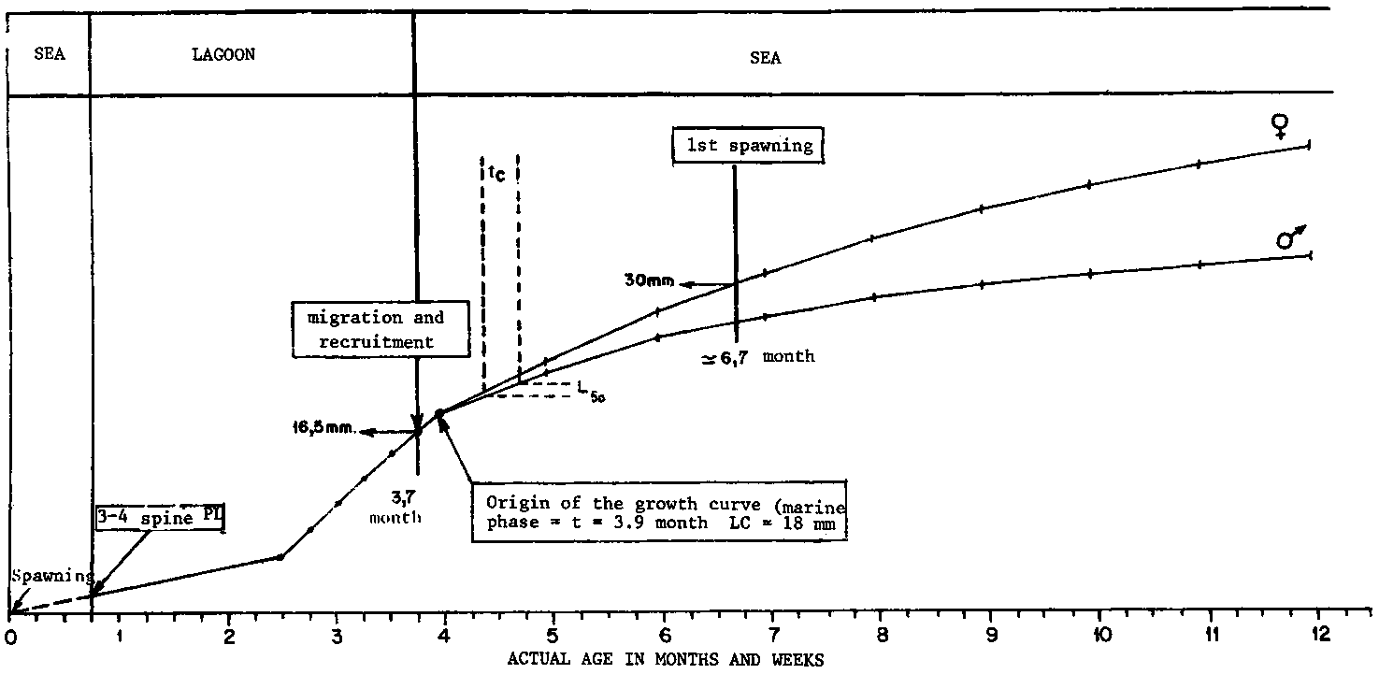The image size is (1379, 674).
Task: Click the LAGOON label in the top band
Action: coord(223,55)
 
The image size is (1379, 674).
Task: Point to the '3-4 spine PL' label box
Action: coord(160,517)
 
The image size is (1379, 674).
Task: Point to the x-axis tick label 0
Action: coord(9,638)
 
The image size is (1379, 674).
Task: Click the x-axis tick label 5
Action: coord(554,638)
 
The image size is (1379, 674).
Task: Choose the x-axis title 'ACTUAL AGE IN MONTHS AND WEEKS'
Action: coord(666,660)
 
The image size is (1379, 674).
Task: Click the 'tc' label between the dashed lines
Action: coord(497,173)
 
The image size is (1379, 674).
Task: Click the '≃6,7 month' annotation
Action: coord(758,357)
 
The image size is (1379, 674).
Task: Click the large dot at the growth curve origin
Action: coord(439,414)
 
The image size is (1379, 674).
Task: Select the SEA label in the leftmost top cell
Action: coord(50,55)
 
